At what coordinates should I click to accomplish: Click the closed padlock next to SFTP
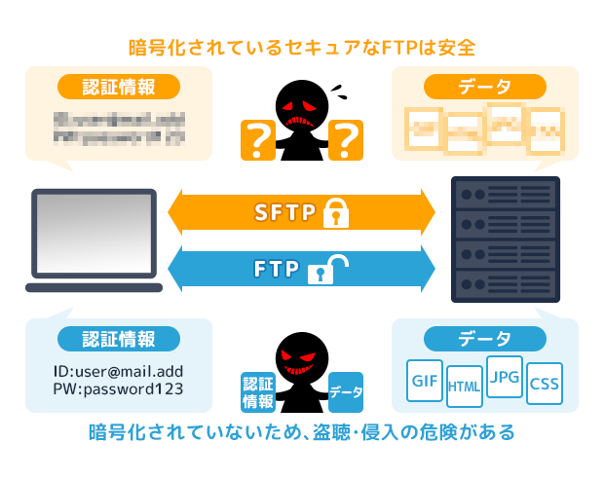pos(335,210)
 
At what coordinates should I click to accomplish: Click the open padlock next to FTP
pos(326,268)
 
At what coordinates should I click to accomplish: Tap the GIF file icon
pos(424,382)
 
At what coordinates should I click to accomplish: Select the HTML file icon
pos(464,387)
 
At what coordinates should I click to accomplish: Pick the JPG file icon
pos(504,377)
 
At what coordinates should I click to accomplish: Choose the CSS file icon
pos(544,385)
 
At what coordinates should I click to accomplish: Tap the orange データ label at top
pos(484,87)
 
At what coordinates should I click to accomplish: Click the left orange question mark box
pos(257,140)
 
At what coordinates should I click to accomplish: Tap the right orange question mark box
pos(346,140)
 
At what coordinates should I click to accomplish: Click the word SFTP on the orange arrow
pos(284,210)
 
